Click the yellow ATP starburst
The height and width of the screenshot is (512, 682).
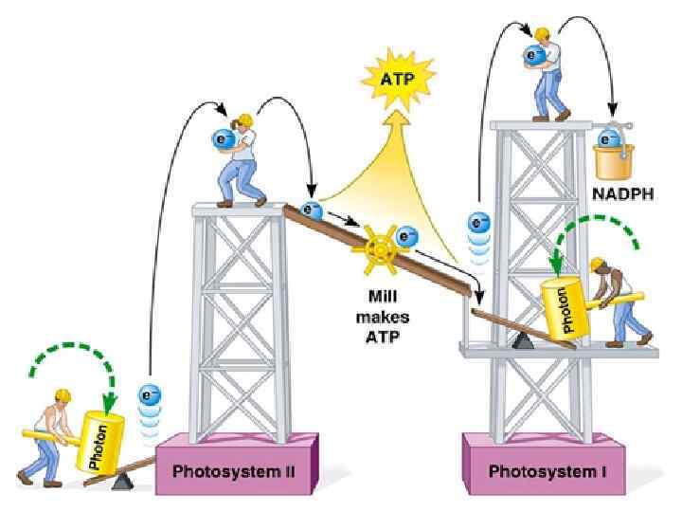pos(396,80)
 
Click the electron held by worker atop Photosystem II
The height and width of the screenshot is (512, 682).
pos(224,140)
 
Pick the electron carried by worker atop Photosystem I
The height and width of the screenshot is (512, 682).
pos(536,57)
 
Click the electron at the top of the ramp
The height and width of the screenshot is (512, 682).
pos(310,210)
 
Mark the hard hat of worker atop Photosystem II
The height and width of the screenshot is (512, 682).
pos(245,120)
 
